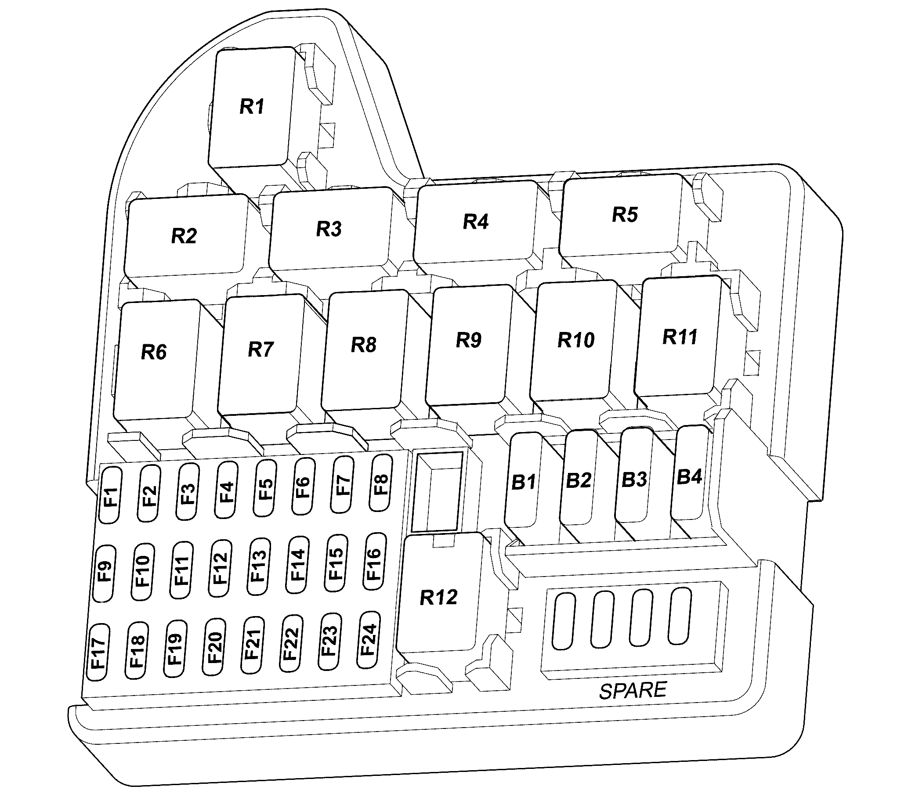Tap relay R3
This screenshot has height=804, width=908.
tap(329, 229)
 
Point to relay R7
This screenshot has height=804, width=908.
tap(260, 351)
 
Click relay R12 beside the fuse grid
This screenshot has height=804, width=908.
tap(438, 597)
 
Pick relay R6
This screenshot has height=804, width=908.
tap(154, 353)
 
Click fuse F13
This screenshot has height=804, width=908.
tap(259, 566)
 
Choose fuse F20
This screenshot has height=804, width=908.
tap(214, 647)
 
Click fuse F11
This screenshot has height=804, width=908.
tap(181, 570)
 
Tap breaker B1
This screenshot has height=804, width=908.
tap(523, 482)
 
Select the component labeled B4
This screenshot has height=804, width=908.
tap(689, 476)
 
